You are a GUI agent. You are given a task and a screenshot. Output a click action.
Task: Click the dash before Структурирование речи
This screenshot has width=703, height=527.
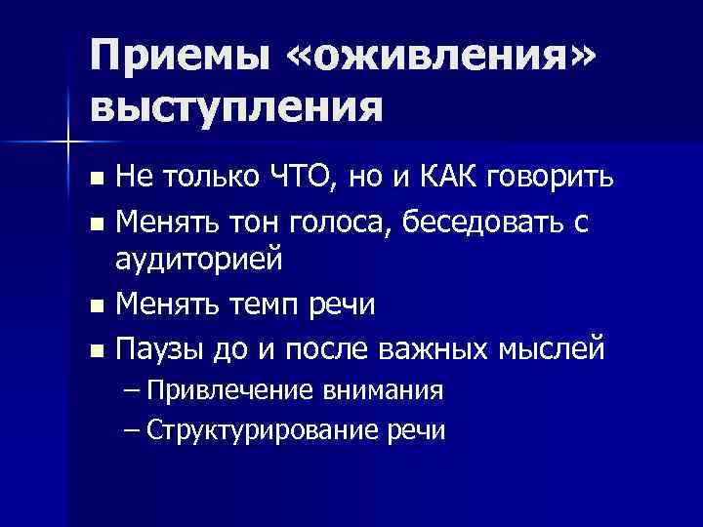[x=132, y=429]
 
